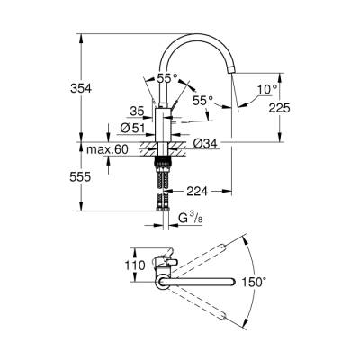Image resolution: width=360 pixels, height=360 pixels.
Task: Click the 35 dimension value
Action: pyautogui.click(x=137, y=112)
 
